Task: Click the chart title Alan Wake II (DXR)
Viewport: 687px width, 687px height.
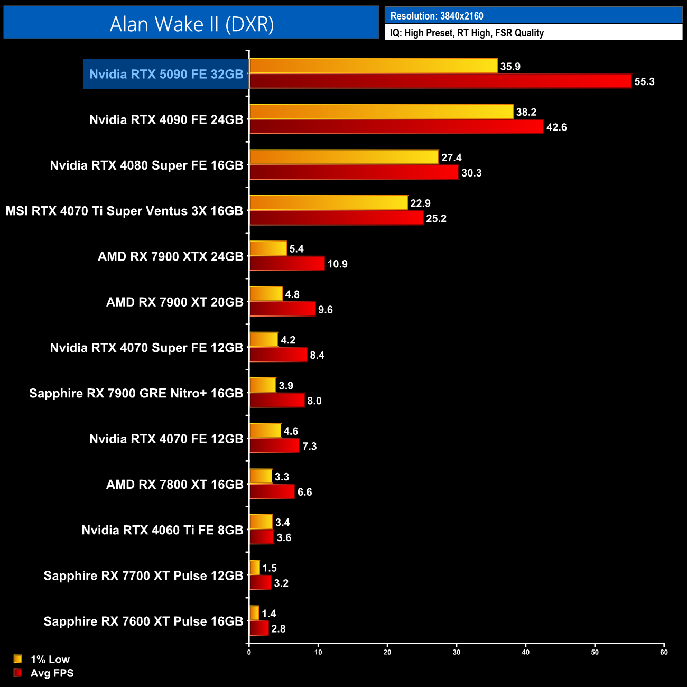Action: point(191,24)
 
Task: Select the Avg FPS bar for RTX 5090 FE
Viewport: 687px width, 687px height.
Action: point(440,81)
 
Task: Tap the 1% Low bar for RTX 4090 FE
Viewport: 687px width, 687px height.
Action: point(381,112)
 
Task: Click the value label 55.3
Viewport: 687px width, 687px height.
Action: point(644,82)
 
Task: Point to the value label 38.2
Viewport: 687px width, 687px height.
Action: point(526,112)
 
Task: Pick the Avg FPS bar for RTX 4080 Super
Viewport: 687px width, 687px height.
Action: point(354,173)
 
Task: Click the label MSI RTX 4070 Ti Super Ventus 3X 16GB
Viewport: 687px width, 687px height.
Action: point(124,211)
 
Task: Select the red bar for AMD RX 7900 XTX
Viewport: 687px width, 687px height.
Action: point(287,264)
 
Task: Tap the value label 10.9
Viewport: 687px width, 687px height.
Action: point(337,264)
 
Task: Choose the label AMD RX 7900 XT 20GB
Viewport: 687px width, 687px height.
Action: point(174,302)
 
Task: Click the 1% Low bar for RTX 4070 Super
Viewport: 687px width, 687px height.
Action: point(264,340)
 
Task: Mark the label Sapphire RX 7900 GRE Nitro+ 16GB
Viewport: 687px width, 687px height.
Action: point(136,393)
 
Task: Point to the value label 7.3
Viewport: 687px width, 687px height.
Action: point(309,447)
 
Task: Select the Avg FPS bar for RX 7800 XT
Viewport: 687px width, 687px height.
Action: point(272,492)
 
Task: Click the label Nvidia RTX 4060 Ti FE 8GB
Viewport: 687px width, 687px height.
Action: point(162,530)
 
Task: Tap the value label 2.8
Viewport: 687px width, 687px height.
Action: point(278,629)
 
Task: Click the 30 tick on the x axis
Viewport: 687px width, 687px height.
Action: point(457,652)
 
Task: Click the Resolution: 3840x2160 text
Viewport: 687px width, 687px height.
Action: point(437,16)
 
